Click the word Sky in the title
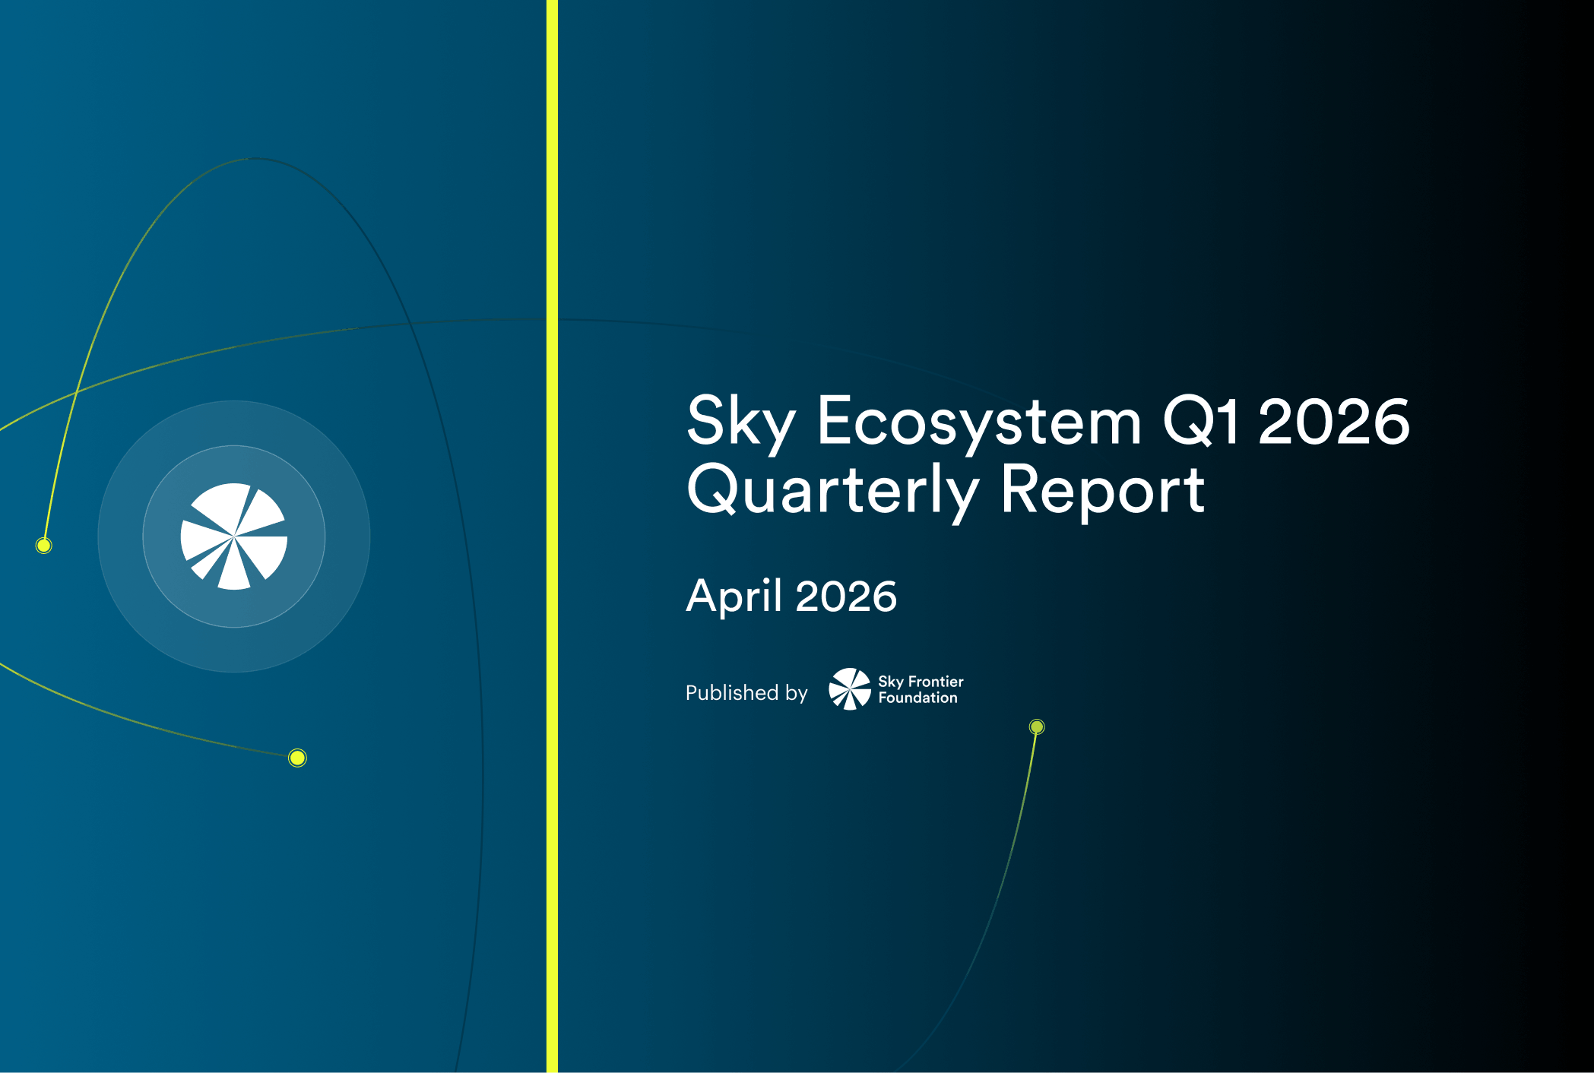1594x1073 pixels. click(x=740, y=422)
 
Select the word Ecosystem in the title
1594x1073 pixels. click(x=979, y=422)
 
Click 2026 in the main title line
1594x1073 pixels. click(x=1334, y=422)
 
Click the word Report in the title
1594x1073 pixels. click(x=1102, y=490)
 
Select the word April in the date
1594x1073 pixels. click(x=734, y=596)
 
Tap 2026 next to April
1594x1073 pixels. click(x=846, y=596)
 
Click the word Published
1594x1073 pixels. click(x=731, y=692)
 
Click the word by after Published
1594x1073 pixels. click(x=796, y=693)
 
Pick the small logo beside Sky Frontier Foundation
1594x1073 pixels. click(x=850, y=689)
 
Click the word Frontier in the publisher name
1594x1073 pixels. click(x=936, y=682)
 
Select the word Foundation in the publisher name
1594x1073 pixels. click(x=917, y=698)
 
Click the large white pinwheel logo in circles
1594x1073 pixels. click(x=234, y=536)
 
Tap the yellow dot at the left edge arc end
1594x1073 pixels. click(x=44, y=545)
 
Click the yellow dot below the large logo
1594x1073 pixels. click(x=297, y=758)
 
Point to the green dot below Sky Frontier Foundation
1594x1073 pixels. click(x=1037, y=727)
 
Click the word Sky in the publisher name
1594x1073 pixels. click(x=890, y=682)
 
